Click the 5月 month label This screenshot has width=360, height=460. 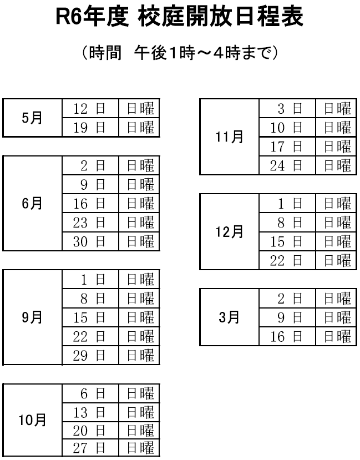point(31,118)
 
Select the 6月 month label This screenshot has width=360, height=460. point(31,203)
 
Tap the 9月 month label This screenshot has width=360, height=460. point(31,317)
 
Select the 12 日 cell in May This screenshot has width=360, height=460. point(89,109)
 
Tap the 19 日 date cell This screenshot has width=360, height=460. point(89,128)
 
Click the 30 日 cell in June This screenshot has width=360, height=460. point(89,241)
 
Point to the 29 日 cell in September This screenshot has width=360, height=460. point(89,355)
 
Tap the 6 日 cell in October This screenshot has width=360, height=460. point(89,393)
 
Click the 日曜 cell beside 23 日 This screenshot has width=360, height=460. point(139,222)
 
